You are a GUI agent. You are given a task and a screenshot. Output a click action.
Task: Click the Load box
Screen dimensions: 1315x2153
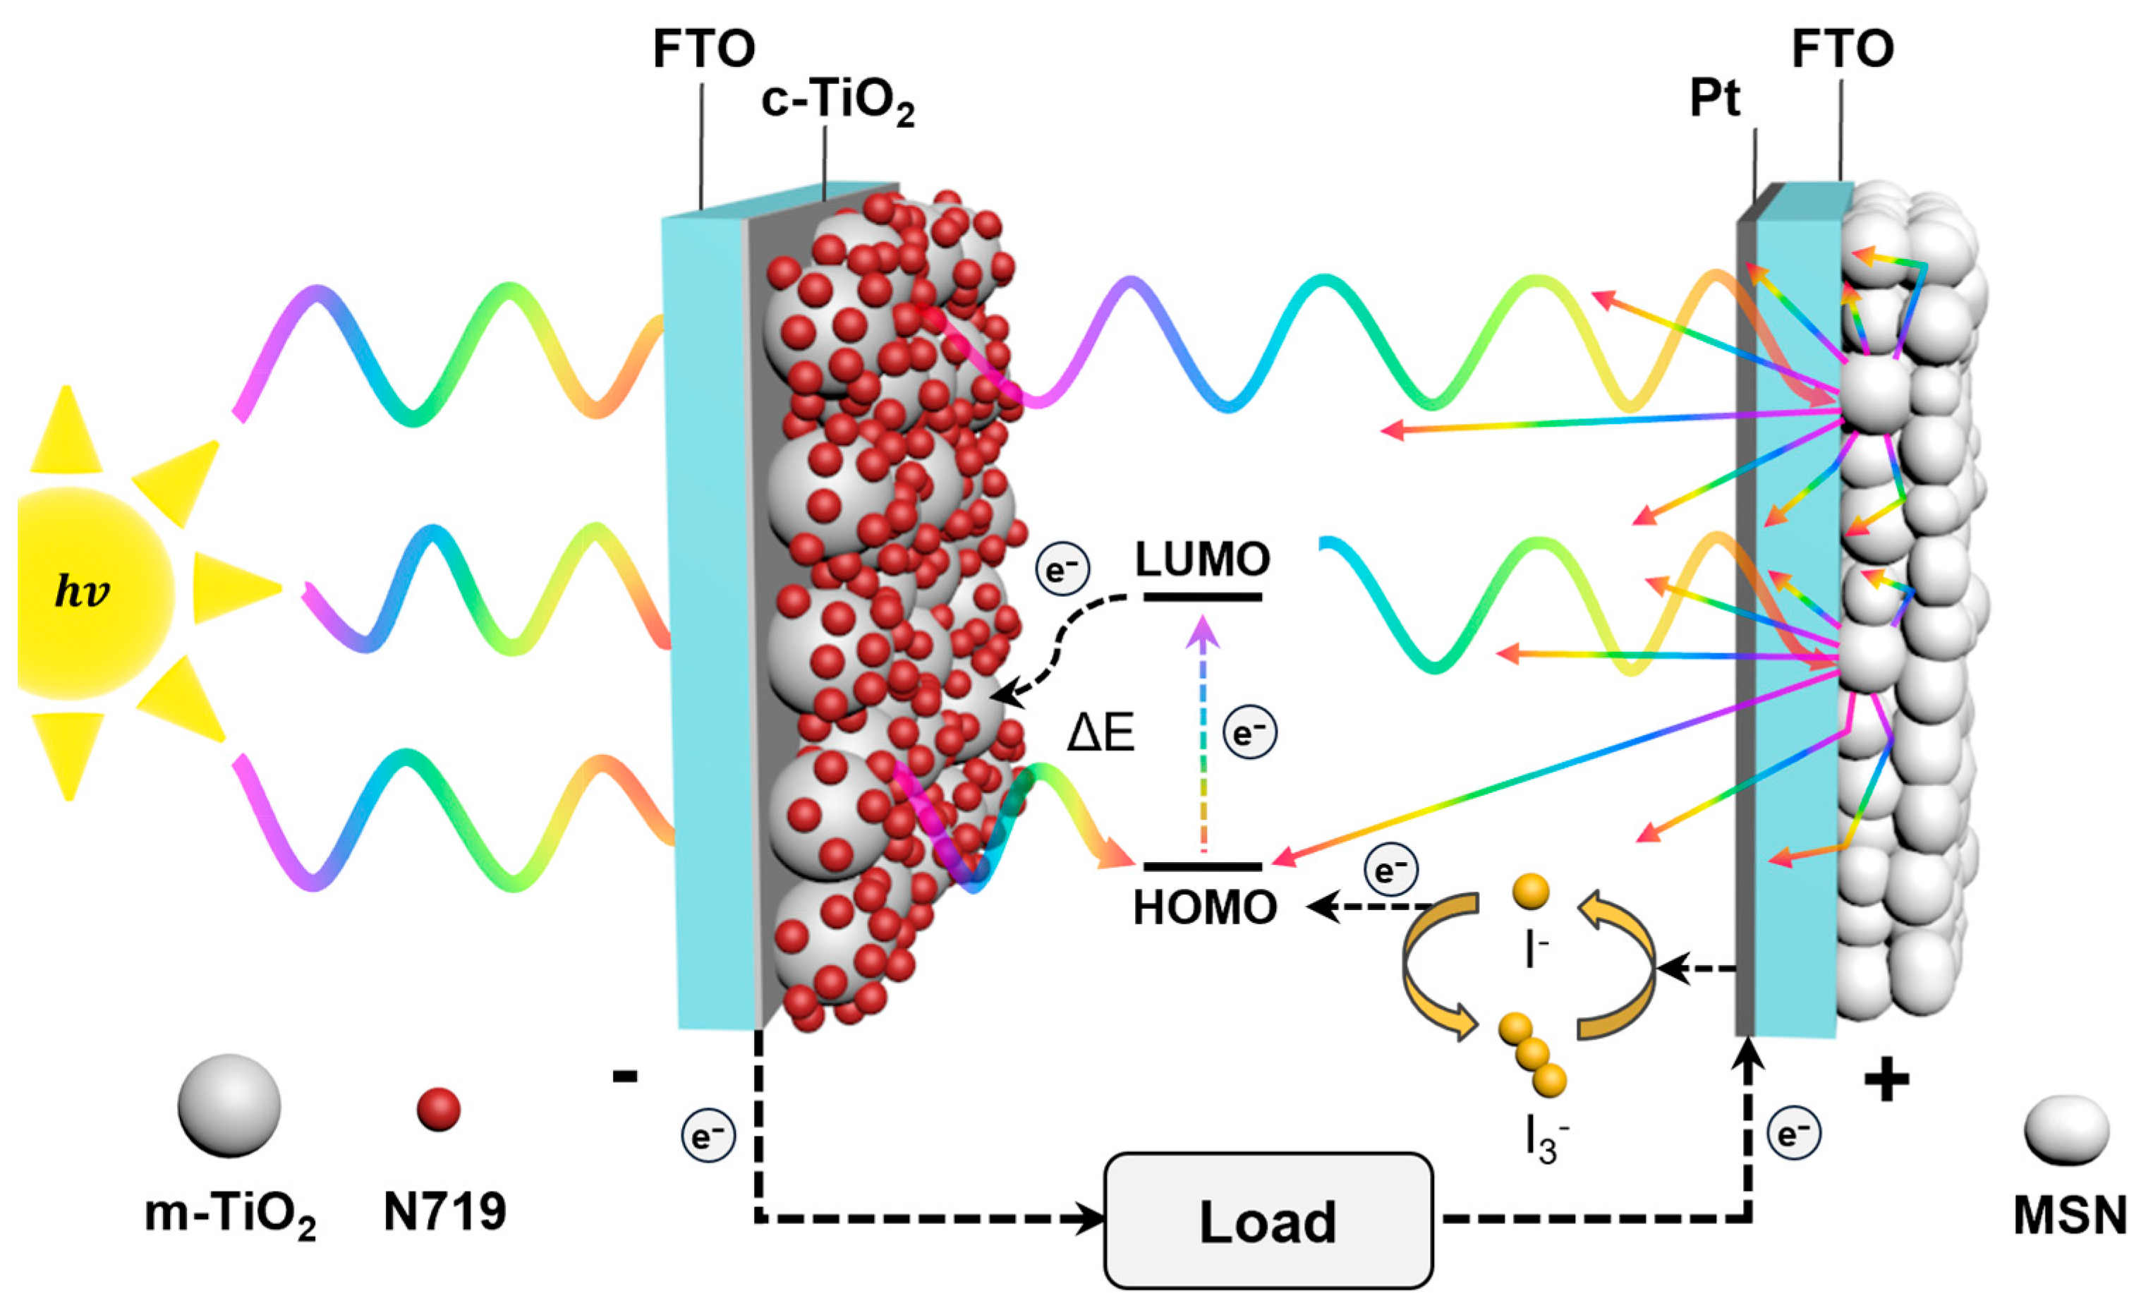(1268, 1220)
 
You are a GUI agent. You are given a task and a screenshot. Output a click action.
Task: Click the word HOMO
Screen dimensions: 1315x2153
(1205, 909)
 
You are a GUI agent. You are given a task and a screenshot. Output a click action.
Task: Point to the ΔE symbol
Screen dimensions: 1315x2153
(1100, 732)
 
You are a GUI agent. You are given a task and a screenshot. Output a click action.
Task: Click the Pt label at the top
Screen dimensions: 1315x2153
(1714, 99)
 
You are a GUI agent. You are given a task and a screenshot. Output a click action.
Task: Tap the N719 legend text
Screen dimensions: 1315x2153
(444, 1212)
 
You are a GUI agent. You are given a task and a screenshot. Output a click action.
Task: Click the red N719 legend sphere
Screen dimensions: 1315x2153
(439, 1110)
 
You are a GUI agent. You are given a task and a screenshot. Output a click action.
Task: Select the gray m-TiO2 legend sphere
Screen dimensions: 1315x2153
(229, 1105)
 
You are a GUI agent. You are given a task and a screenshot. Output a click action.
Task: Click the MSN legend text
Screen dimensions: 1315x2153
(2069, 1216)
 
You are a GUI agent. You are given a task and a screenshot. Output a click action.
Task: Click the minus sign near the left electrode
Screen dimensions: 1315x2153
(625, 1077)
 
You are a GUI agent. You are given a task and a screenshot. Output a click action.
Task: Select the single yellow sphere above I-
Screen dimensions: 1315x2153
(1531, 892)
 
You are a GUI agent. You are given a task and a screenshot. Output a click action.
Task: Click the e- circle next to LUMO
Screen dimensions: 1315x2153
(1062, 571)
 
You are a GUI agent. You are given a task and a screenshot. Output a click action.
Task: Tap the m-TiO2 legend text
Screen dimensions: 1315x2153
(230, 1216)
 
